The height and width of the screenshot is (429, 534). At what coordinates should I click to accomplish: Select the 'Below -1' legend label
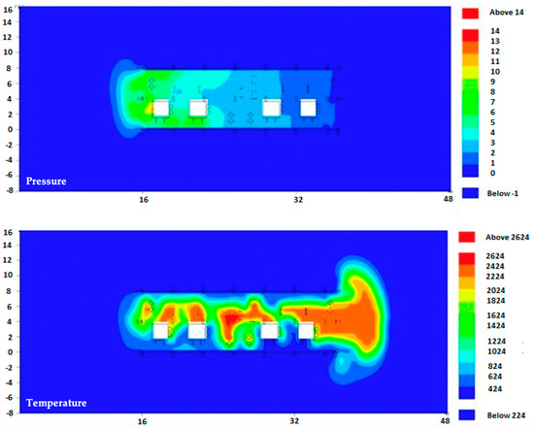501,193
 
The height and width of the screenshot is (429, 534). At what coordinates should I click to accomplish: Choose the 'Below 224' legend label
503,415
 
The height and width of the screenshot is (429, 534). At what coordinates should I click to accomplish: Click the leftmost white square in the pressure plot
162,108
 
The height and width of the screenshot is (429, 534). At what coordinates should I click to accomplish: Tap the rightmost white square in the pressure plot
308,108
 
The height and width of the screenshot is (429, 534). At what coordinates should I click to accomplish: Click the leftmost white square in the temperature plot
161,331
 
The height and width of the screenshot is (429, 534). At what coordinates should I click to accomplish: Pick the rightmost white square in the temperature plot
306,331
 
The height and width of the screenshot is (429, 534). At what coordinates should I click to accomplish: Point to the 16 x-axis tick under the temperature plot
142,422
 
